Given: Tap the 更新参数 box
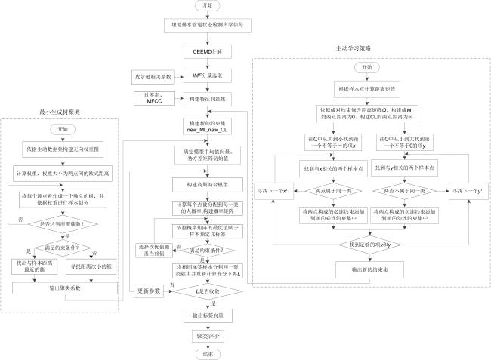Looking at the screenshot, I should (149, 290).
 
